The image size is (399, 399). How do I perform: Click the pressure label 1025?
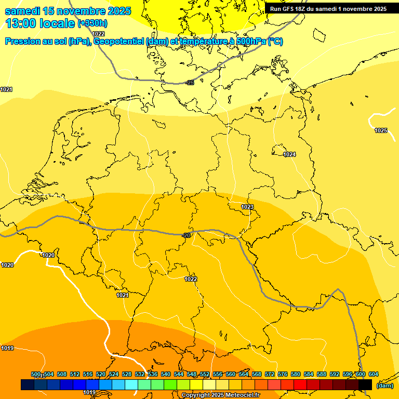coord(381,130)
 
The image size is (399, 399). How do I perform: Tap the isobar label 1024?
coord(289,154)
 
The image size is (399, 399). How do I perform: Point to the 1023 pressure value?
coord(247,207)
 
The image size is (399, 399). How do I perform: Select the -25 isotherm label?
coord(190,83)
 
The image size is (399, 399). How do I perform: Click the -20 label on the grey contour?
coord(187,235)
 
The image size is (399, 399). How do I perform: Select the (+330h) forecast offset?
coord(92,23)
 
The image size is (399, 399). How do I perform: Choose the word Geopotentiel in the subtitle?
coord(118,42)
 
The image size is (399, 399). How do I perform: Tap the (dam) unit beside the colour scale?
coord(384,385)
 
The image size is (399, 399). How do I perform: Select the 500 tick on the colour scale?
coord(35,375)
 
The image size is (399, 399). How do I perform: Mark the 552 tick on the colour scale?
coord(205,375)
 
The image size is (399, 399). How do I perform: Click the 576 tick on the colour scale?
coord(283,375)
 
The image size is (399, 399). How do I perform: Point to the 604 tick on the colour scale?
coord(373,375)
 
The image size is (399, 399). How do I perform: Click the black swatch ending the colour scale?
coord(365,384)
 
